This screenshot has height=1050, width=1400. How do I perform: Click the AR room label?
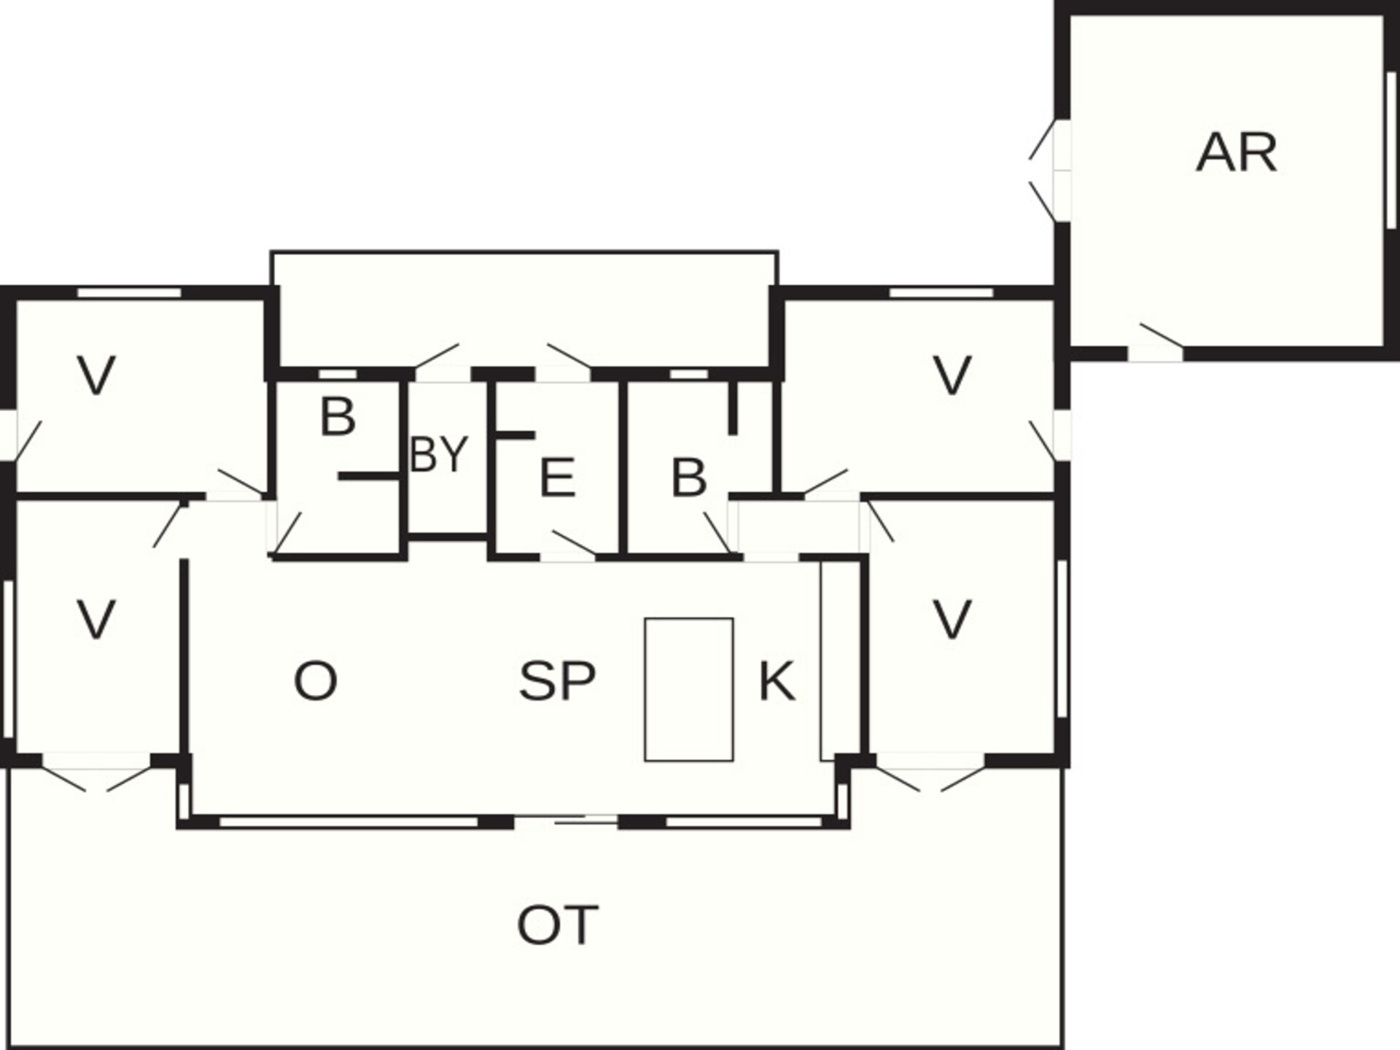(x=1237, y=152)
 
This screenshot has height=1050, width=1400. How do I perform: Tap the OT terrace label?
(x=558, y=925)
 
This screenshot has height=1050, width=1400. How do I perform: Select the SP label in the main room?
(x=557, y=681)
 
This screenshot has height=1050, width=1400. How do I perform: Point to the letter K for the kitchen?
(x=777, y=681)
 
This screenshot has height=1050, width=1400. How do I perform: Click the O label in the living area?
(x=315, y=681)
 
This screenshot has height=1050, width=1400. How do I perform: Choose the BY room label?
(x=438, y=454)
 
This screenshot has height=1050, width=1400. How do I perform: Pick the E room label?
(x=557, y=478)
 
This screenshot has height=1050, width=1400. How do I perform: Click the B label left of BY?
(x=338, y=417)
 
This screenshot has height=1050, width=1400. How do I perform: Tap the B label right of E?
(x=688, y=478)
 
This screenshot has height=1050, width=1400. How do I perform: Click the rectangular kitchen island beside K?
(x=688, y=690)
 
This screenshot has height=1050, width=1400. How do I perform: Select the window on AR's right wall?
(x=1391, y=153)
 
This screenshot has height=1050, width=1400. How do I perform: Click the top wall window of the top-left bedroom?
(x=129, y=292)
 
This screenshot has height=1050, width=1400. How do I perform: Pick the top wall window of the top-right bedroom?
(x=941, y=292)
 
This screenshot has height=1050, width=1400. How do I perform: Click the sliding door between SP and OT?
(x=567, y=822)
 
